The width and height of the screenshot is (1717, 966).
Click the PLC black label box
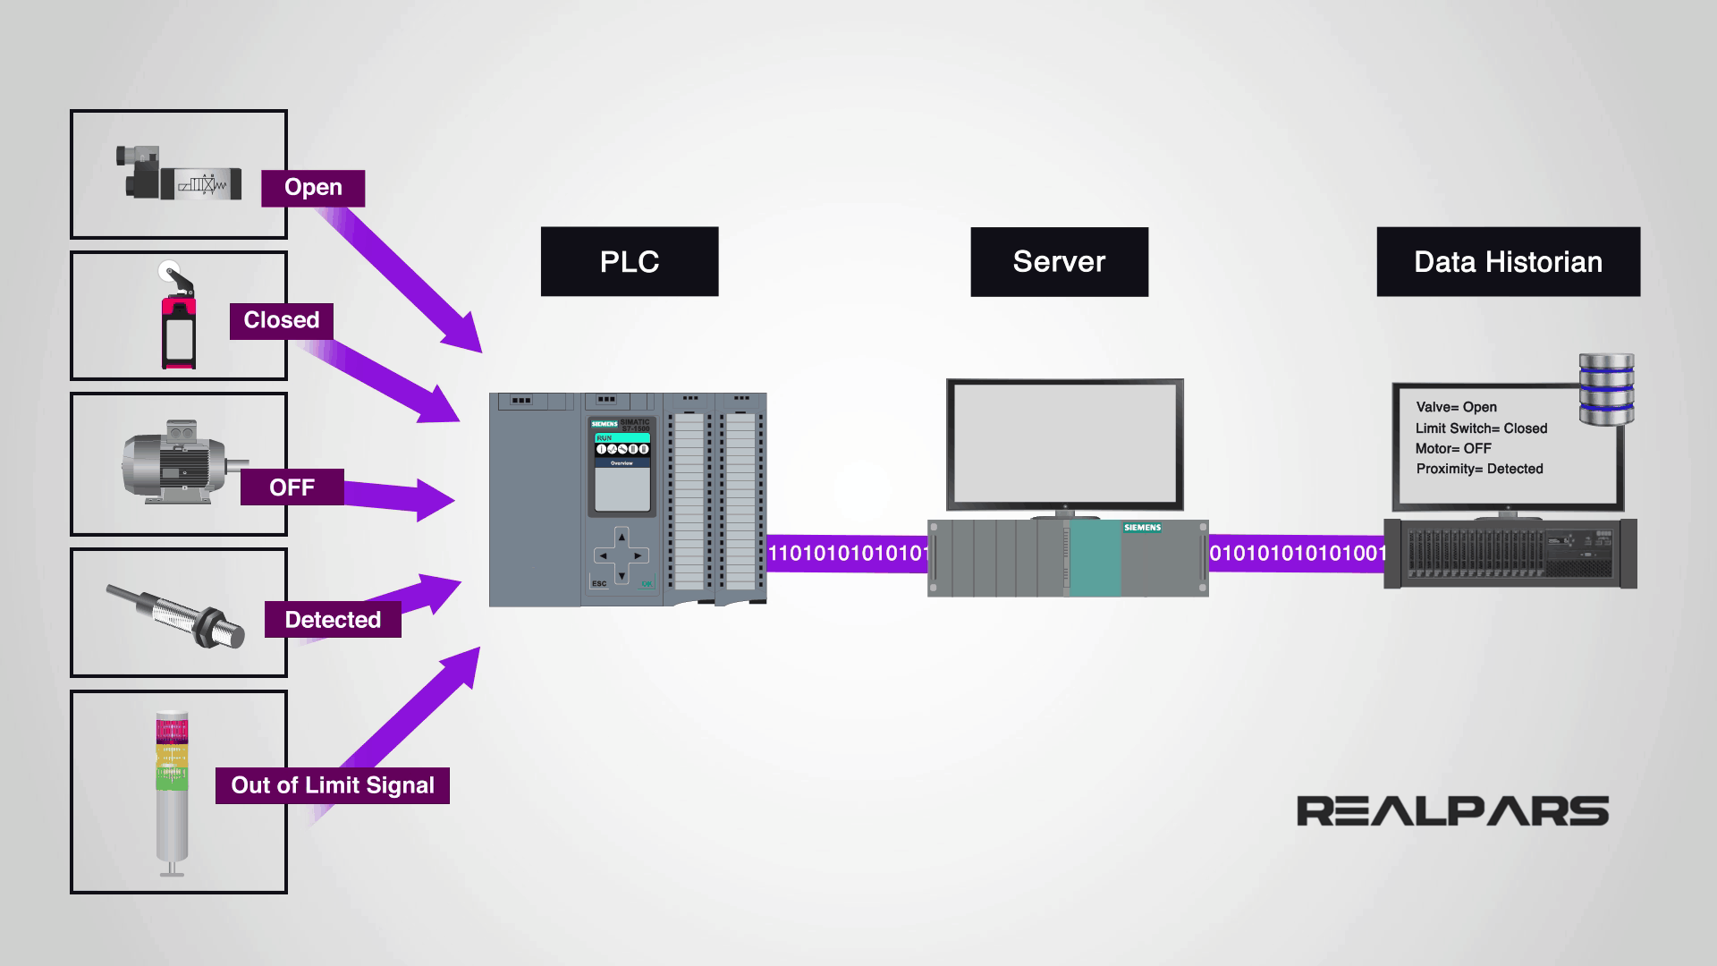click(629, 261)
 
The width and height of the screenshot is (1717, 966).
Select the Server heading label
click(1059, 261)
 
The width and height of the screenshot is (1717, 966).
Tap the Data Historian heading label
click(1508, 261)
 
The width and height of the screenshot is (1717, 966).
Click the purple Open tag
click(313, 188)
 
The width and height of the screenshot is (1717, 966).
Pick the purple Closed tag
click(281, 320)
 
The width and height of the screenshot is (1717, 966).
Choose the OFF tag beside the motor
click(292, 487)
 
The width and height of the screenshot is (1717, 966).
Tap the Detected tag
click(333, 619)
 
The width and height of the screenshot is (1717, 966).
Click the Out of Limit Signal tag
click(332, 785)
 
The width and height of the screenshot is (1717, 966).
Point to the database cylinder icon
click(1606, 390)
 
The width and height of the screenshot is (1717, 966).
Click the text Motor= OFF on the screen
click(1453, 448)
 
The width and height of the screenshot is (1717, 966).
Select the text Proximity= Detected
click(1479, 469)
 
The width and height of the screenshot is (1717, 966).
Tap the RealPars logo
click(1452, 811)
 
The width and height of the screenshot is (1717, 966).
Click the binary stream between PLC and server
click(847, 554)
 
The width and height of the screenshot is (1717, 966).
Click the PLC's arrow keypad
click(621, 555)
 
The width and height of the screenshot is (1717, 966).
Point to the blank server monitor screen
click(1064, 444)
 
